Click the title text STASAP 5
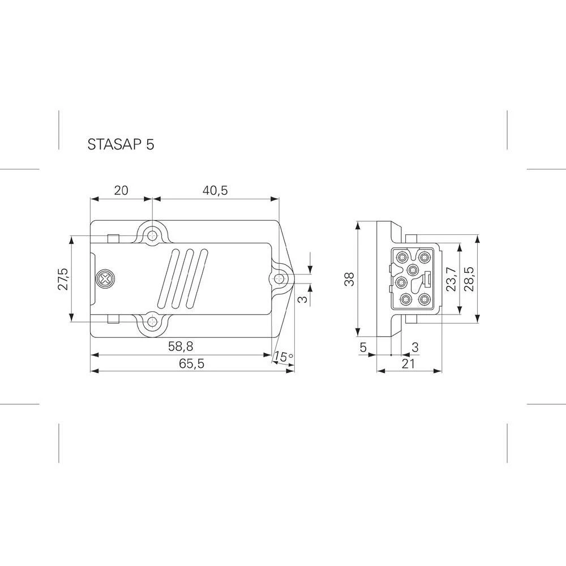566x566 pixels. point(121,144)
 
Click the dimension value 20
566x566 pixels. point(121,190)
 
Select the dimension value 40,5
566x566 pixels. point(215,190)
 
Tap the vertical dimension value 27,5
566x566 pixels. point(63,279)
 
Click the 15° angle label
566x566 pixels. point(284,357)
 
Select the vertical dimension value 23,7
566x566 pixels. point(451,279)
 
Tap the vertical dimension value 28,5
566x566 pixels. point(469,279)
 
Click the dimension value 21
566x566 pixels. point(409,364)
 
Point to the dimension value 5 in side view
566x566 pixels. point(363,346)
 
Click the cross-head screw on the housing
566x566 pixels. point(105,279)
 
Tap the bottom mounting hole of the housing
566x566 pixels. point(152,323)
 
